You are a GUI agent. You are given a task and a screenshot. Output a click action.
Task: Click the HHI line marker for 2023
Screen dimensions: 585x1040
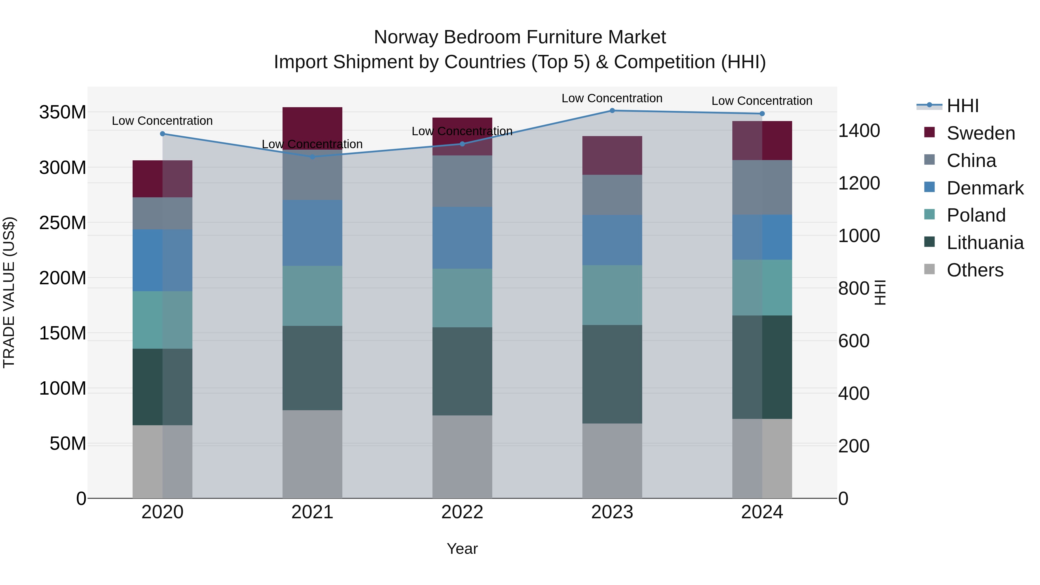(x=612, y=111)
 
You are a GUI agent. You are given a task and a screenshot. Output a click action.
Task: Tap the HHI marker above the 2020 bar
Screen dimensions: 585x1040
(x=162, y=134)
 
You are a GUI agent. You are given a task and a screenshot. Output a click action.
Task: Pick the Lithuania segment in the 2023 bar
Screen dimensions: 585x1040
(x=612, y=374)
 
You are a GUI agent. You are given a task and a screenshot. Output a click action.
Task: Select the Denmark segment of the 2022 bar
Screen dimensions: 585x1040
(x=462, y=238)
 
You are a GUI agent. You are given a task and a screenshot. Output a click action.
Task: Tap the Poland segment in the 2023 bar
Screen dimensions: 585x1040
(x=612, y=295)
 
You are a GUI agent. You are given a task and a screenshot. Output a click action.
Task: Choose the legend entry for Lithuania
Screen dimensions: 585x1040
(x=985, y=243)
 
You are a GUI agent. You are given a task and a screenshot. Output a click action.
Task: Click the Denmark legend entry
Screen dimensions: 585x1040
(x=985, y=188)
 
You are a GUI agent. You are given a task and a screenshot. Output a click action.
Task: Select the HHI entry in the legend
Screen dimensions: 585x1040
(x=963, y=106)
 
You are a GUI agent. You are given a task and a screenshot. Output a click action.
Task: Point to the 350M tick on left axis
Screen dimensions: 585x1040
(x=63, y=112)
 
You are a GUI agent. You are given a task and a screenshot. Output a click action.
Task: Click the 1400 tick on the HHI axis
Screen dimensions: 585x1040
(x=859, y=131)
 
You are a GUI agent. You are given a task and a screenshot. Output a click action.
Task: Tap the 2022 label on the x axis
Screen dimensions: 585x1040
(x=462, y=512)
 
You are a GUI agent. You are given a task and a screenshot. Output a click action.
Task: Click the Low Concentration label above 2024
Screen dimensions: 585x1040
(x=762, y=101)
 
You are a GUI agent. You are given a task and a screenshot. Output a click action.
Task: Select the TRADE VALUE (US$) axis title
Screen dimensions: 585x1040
(x=9, y=292)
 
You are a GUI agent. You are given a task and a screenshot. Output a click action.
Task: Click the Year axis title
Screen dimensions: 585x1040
(x=462, y=549)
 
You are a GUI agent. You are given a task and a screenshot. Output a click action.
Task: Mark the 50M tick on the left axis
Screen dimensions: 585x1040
(x=68, y=444)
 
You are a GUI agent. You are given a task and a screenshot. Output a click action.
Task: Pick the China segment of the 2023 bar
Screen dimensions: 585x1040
(x=612, y=195)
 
